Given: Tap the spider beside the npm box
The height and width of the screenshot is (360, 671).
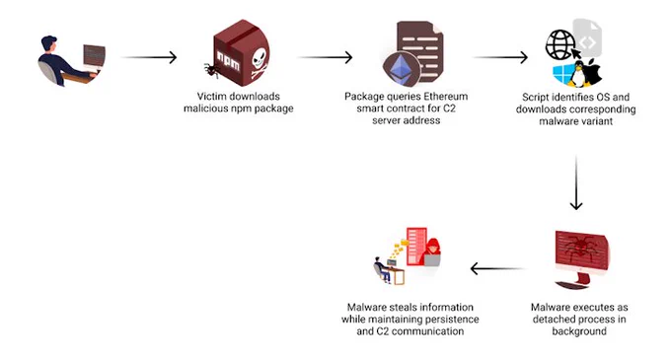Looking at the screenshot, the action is click(x=210, y=70).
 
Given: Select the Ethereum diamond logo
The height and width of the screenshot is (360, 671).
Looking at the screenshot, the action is click(x=401, y=68).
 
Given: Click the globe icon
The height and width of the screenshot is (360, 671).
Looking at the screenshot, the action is click(x=559, y=45).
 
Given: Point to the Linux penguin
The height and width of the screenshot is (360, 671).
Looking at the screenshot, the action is click(x=578, y=74).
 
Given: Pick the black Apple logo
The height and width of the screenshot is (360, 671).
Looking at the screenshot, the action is click(x=594, y=72).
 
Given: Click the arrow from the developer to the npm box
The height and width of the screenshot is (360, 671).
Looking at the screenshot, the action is click(x=149, y=57).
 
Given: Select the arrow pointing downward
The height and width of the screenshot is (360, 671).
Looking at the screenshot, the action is click(x=576, y=183).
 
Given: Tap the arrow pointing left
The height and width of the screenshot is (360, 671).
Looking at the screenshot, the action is click(x=497, y=268).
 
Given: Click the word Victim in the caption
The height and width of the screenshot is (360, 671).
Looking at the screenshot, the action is click(x=210, y=97).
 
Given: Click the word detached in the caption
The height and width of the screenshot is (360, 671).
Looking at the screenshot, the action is click(x=552, y=319).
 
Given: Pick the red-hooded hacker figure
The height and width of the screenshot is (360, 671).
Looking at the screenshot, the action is click(x=431, y=252).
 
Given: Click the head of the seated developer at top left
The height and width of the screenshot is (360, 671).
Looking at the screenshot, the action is click(x=48, y=43).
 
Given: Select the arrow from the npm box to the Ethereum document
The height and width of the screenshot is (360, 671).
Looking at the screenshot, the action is click(x=326, y=57).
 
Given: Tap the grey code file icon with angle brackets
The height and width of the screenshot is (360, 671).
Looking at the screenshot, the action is click(x=587, y=37).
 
